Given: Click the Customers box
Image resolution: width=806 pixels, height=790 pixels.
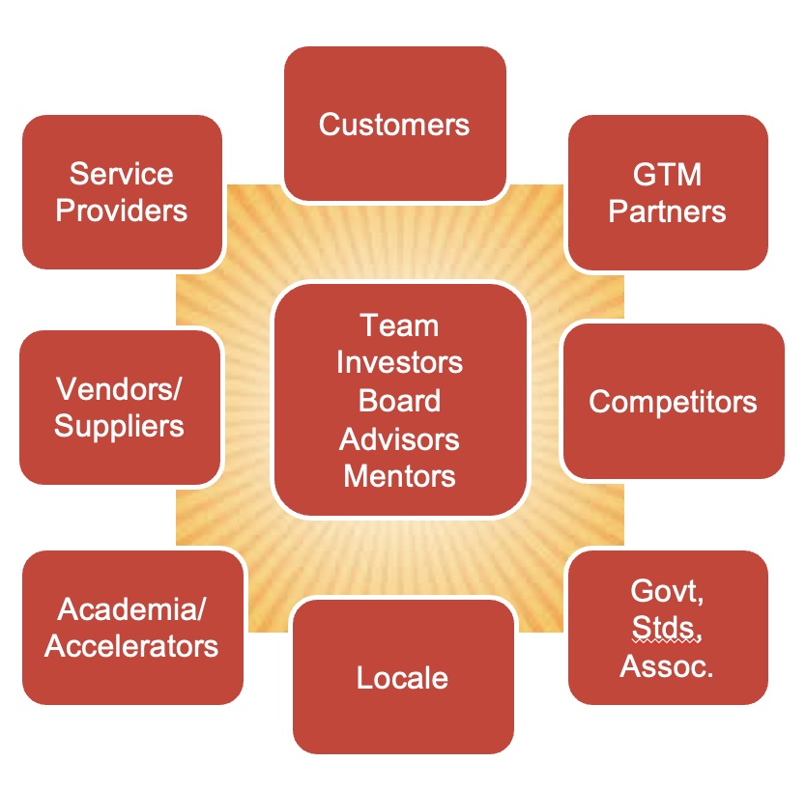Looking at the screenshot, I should tap(394, 125).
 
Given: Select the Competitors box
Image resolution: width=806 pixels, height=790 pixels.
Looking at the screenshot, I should tap(673, 401).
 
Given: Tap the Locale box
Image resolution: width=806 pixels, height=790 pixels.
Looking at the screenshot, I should tap(402, 677).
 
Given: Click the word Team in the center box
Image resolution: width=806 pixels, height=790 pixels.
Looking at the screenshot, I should tap(399, 325).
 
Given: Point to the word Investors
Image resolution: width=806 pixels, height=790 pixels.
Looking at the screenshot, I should tap(399, 362).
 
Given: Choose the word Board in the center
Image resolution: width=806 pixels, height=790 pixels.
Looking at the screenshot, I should tap(399, 400).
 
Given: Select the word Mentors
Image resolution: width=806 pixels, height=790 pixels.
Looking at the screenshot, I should tap(399, 475).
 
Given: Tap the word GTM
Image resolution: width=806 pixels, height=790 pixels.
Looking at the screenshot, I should tap(667, 175).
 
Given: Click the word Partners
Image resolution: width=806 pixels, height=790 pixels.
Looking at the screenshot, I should tap(667, 211).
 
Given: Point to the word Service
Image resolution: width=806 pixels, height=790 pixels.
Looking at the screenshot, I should tap(122, 174).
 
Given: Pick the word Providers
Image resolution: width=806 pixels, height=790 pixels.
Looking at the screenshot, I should tap(122, 210).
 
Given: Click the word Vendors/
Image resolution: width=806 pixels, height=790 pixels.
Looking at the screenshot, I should tap(120, 389).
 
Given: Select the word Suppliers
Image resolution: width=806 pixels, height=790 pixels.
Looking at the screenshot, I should tap(120, 425).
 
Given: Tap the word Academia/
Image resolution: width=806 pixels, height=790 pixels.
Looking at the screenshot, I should tap(132, 609).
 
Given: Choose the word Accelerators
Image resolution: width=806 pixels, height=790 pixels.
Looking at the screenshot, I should tap(132, 645).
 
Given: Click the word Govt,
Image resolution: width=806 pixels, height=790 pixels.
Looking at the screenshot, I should tap(667, 590).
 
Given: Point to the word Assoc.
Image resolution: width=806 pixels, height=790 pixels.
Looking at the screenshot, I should tap(667, 665).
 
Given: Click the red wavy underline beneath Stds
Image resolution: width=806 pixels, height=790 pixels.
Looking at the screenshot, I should tap(663, 641).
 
